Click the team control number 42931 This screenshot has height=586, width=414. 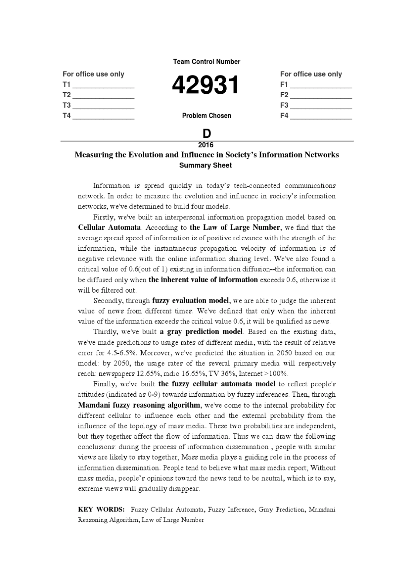tap(206, 85)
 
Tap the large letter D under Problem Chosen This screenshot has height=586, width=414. tap(207, 133)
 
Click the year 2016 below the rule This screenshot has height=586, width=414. tap(206, 145)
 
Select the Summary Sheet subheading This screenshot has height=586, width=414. tap(206, 165)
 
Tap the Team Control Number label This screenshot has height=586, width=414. tap(207, 62)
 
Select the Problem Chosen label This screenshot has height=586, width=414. tap(207, 116)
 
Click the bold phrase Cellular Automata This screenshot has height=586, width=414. tap(109, 227)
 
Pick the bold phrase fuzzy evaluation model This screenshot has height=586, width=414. tap(190, 300)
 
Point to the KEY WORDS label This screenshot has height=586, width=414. tap(102, 509)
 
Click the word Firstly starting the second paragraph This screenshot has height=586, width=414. tap(104, 217)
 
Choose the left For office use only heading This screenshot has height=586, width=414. tap(93, 74)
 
